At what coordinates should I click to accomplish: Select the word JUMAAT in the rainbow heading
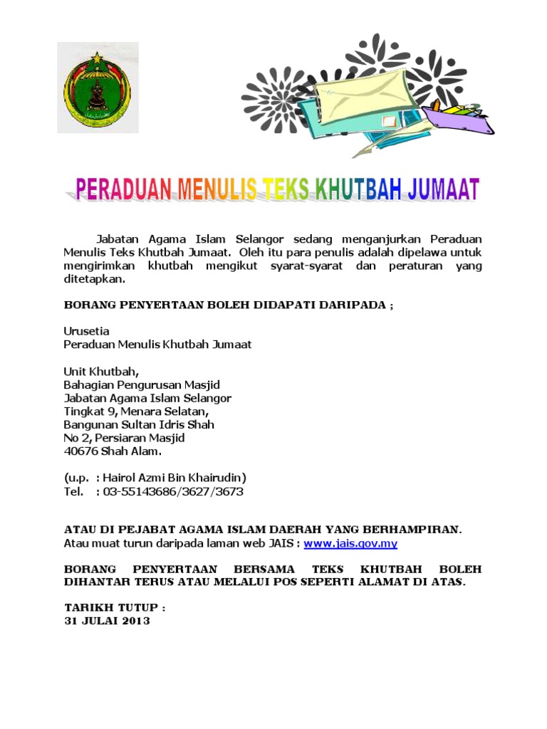pos(443,190)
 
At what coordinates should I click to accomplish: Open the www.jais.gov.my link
pos(350,543)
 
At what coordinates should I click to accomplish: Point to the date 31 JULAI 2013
pos(107,621)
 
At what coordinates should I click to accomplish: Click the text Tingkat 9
pos(90,411)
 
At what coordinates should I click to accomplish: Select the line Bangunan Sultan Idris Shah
pos(139,424)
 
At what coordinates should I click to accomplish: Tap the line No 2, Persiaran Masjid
pos(125,438)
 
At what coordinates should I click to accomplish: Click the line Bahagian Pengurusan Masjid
pos(142,385)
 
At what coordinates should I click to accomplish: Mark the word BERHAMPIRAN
pos(410,530)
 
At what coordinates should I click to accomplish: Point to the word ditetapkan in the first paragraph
pos(93,280)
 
